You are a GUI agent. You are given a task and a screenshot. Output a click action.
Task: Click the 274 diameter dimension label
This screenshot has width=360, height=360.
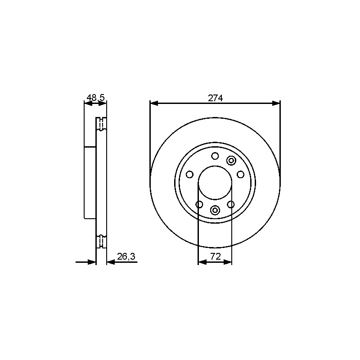(215, 98)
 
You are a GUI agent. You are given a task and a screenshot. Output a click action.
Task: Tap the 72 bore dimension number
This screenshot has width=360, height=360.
(216, 256)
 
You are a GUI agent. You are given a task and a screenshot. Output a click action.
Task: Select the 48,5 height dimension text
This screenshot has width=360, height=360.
(95, 98)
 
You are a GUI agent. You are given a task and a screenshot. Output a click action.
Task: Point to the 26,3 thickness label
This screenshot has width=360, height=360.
(126, 256)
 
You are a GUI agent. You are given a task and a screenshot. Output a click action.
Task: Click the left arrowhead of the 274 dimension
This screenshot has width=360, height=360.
(154, 103)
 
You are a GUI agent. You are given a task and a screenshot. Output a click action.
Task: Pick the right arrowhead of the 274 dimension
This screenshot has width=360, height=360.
(276, 103)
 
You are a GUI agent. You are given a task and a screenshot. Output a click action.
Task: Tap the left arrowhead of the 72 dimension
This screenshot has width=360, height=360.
(202, 262)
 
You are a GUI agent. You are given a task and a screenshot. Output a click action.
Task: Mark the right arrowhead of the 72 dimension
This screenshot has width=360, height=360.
(227, 262)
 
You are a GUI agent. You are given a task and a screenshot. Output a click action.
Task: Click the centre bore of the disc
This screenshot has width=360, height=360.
(215, 183)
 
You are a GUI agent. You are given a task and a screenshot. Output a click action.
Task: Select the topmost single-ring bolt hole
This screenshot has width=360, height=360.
(215, 156)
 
